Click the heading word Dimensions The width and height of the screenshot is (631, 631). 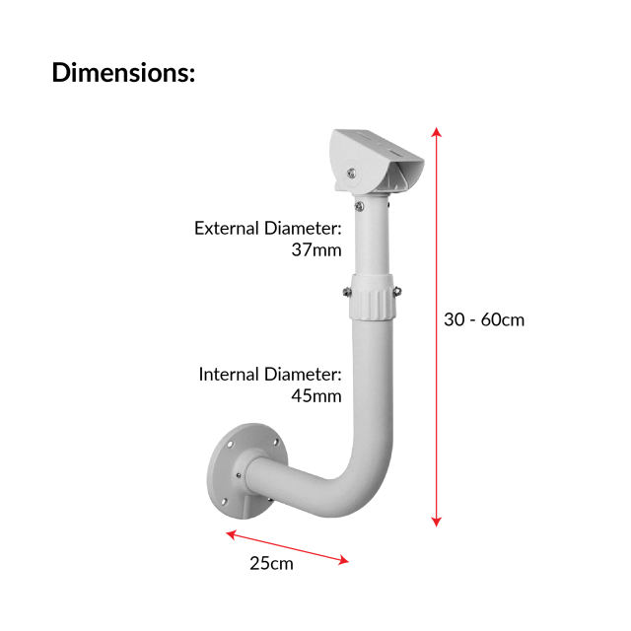tap(122, 72)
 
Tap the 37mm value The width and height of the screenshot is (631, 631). tap(315, 249)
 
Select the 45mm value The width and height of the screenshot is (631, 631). tap(315, 396)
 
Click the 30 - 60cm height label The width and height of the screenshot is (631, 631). tap(484, 319)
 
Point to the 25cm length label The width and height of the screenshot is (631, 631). tap(270, 565)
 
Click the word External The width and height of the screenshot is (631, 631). tap(228, 228)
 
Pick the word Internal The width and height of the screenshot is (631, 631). tap(229, 375)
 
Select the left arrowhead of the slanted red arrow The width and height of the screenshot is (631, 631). tap(231, 535)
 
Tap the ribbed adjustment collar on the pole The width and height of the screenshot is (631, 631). tap(372, 295)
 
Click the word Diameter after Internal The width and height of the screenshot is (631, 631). tap(303, 375)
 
